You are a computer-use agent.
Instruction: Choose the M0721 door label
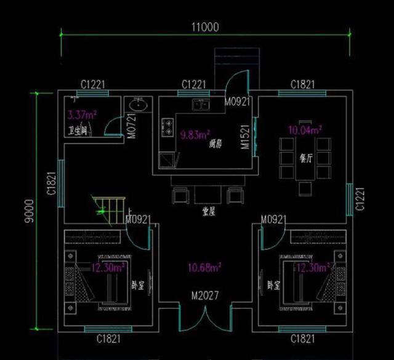point(131,127)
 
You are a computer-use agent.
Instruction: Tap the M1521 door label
point(244,137)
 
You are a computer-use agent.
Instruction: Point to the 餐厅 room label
point(306,158)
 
